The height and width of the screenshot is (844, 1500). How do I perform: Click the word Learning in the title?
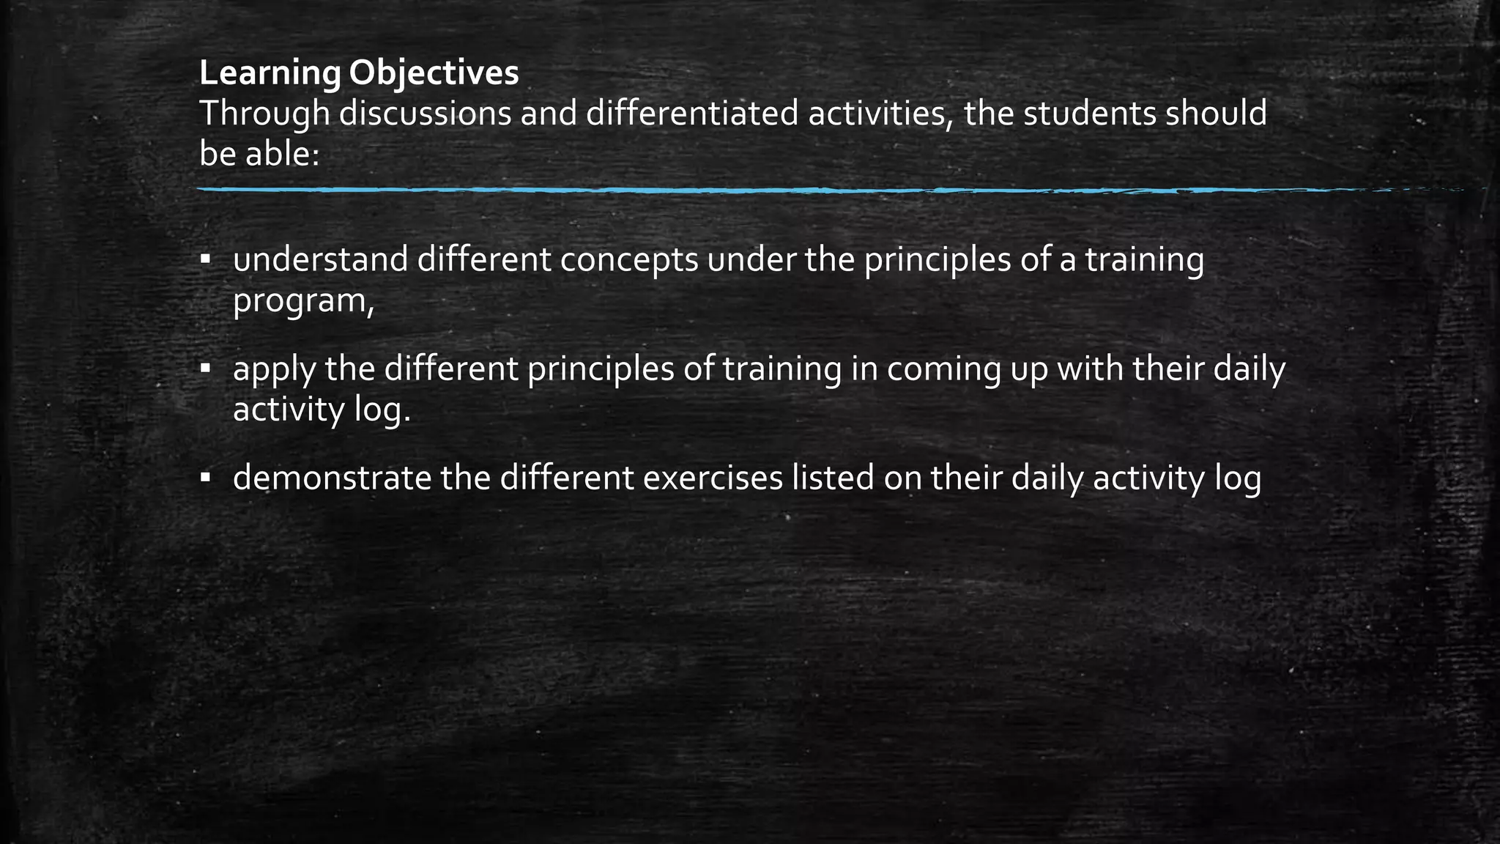(270, 73)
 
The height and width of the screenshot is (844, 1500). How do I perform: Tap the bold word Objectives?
(434, 73)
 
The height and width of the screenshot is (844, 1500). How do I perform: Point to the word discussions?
(425, 114)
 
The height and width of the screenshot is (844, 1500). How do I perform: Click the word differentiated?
(692, 114)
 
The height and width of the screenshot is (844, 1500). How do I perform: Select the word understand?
(320, 259)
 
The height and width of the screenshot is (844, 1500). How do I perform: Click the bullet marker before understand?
(206, 259)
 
